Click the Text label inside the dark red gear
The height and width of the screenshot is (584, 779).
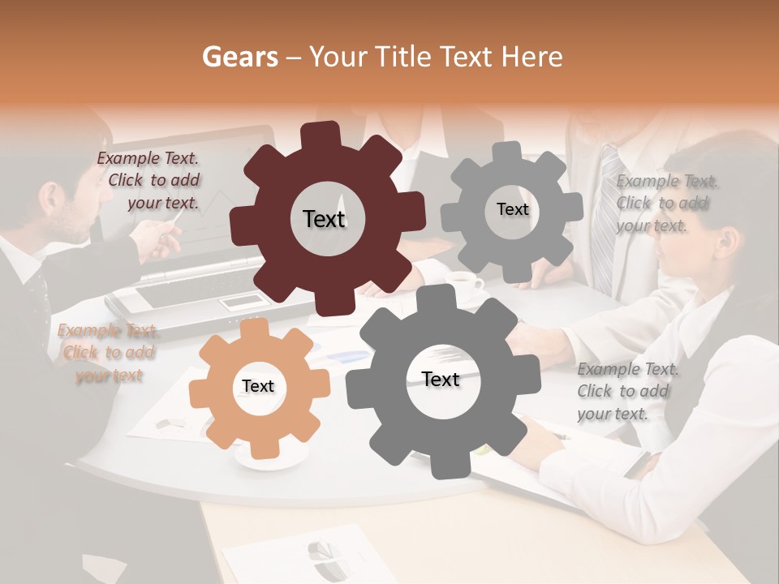(324, 219)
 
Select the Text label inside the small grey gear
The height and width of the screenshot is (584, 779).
(512, 209)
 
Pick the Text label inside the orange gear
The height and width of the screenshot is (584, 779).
(257, 386)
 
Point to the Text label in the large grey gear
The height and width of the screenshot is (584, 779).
(440, 379)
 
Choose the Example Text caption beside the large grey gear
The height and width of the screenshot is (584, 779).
(626, 392)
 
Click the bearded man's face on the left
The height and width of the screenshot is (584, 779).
(65, 207)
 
